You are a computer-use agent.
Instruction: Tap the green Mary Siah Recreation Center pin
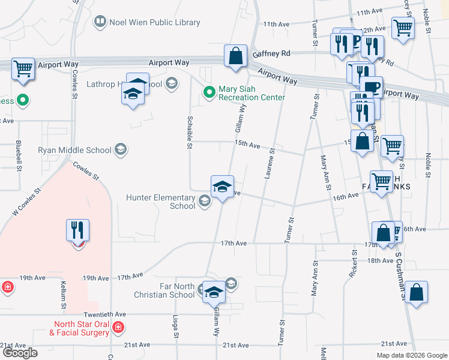click(x=209, y=92)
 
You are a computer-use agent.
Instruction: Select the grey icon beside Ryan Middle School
click(x=120, y=150)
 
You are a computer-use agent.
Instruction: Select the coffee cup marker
click(x=372, y=86)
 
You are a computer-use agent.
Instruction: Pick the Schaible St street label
click(x=190, y=132)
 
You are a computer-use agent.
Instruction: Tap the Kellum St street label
click(x=62, y=293)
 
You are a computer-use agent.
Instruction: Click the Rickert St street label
click(x=354, y=263)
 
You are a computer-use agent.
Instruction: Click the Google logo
click(x=20, y=353)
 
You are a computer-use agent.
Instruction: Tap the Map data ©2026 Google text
click(x=411, y=355)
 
